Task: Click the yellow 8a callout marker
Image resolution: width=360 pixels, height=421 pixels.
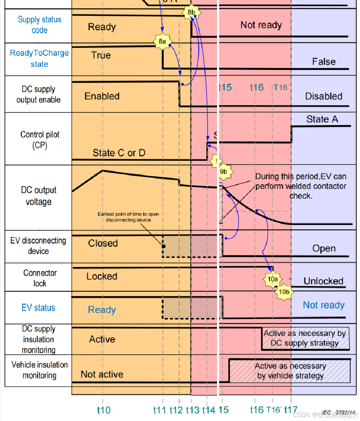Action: tap(162, 42)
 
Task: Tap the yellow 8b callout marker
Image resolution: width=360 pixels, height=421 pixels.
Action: tap(191, 12)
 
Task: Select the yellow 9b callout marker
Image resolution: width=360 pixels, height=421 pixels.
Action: tap(224, 171)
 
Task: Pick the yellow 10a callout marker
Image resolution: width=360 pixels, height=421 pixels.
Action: tap(273, 279)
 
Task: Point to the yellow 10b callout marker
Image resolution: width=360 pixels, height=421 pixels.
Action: tap(284, 292)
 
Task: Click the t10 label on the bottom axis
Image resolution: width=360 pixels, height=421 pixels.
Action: tap(104, 410)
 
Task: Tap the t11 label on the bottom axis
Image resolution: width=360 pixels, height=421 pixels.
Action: tap(160, 410)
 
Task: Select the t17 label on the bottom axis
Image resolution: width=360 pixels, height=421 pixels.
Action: tap(291, 410)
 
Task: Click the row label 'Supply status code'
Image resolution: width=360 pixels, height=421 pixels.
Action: tap(40, 24)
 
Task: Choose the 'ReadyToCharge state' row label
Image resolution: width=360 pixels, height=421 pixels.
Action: tap(39, 58)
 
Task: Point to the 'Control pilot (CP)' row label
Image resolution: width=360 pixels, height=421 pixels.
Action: tap(40, 140)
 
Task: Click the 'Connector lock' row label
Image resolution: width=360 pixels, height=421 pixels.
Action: tap(40, 278)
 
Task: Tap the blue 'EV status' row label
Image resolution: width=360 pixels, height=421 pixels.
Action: tap(38, 308)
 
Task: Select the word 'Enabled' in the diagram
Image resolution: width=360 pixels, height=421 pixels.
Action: tap(102, 96)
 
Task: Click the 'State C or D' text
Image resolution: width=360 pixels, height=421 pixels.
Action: tap(119, 153)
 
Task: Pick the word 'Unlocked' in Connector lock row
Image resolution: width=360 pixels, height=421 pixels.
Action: tap(323, 281)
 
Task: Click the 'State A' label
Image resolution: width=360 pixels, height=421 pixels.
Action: tap(322, 119)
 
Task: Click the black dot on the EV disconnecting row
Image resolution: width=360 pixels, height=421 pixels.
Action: tap(164, 246)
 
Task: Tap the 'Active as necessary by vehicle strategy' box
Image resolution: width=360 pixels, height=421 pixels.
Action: tap(290, 371)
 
